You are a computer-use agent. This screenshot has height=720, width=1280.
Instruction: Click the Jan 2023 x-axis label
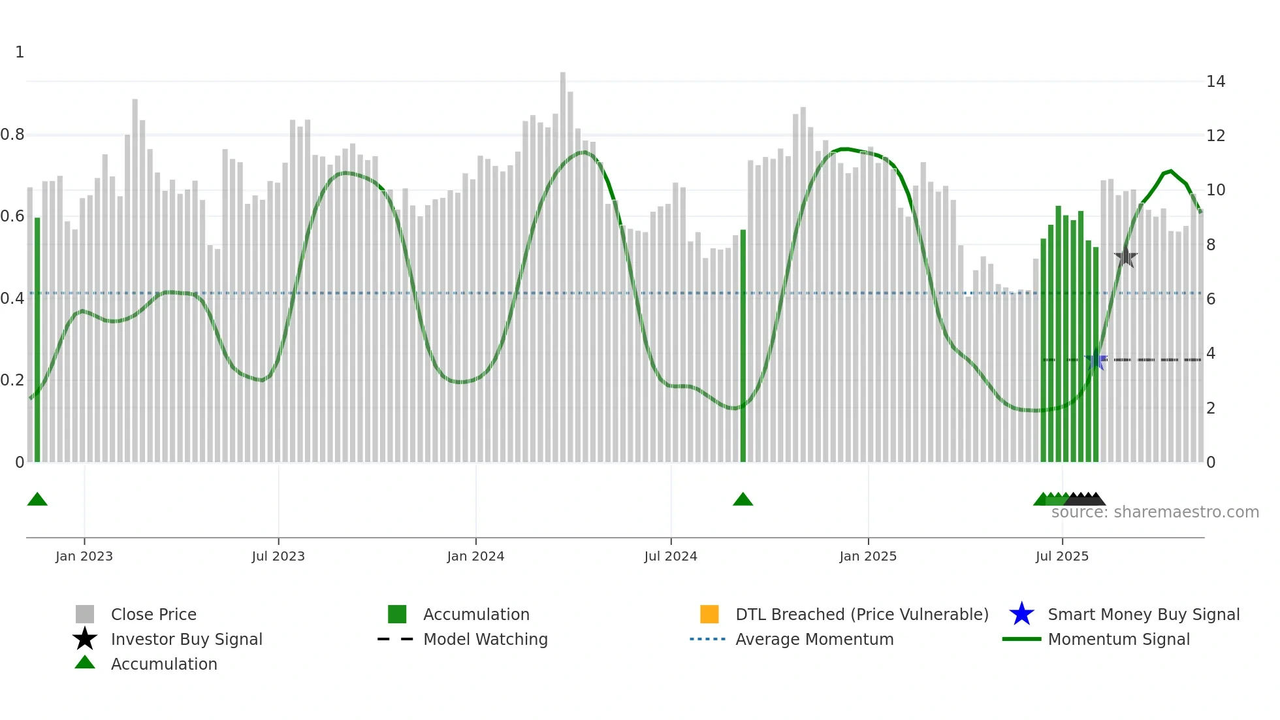[x=84, y=556]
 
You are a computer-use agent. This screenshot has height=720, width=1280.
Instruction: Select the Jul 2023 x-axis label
[x=278, y=556]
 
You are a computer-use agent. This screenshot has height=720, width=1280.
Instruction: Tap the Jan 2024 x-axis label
[x=475, y=556]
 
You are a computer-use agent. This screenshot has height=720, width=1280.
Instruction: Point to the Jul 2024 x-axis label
[x=671, y=556]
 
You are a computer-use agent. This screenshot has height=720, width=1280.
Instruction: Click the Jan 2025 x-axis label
[x=868, y=556]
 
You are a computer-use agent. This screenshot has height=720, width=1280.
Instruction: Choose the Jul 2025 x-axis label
[x=1062, y=556]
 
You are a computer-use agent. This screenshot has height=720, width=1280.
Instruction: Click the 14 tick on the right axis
[x=1215, y=82]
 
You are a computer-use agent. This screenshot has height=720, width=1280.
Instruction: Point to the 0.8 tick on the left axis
[x=12, y=135]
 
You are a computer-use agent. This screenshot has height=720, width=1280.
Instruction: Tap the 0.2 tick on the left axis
[x=12, y=380]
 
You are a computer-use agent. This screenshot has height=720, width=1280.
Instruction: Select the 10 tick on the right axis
[x=1215, y=190]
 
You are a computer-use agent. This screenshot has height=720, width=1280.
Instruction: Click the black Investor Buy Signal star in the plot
[x=1125, y=257]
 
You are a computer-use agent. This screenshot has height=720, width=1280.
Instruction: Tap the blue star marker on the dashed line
[x=1096, y=360]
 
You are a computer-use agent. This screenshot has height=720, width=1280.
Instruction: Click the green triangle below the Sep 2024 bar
[x=743, y=500]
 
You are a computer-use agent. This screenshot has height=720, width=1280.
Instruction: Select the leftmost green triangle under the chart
[x=37, y=500]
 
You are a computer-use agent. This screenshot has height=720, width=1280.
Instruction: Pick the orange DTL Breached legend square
[x=709, y=614]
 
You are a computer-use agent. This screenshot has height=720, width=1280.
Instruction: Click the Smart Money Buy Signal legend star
[x=1021, y=614]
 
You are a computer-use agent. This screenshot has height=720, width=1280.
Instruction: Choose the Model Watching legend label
[x=485, y=639]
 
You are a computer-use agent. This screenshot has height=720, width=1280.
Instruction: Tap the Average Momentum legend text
[x=814, y=639]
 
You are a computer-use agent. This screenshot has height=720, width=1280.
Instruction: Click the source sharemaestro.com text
[x=1155, y=512]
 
